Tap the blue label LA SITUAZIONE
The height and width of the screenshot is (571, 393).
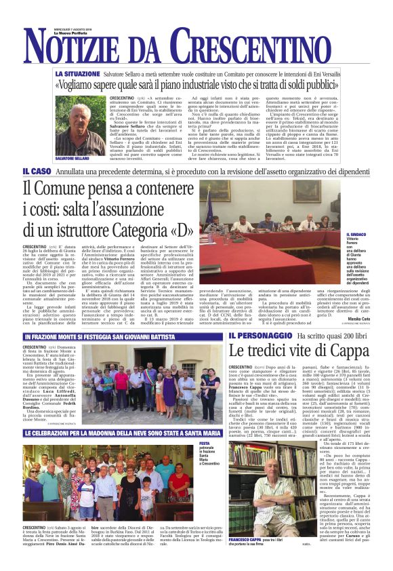pyautogui.click(x=78, y=73)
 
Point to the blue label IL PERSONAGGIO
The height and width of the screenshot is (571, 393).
pyautogui.click(x=253, y=336)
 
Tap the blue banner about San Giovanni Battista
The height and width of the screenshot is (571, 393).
pyautogui.click(x=123, y=337)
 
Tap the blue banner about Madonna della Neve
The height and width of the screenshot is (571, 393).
pyautogui.click(x=123, y=433)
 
